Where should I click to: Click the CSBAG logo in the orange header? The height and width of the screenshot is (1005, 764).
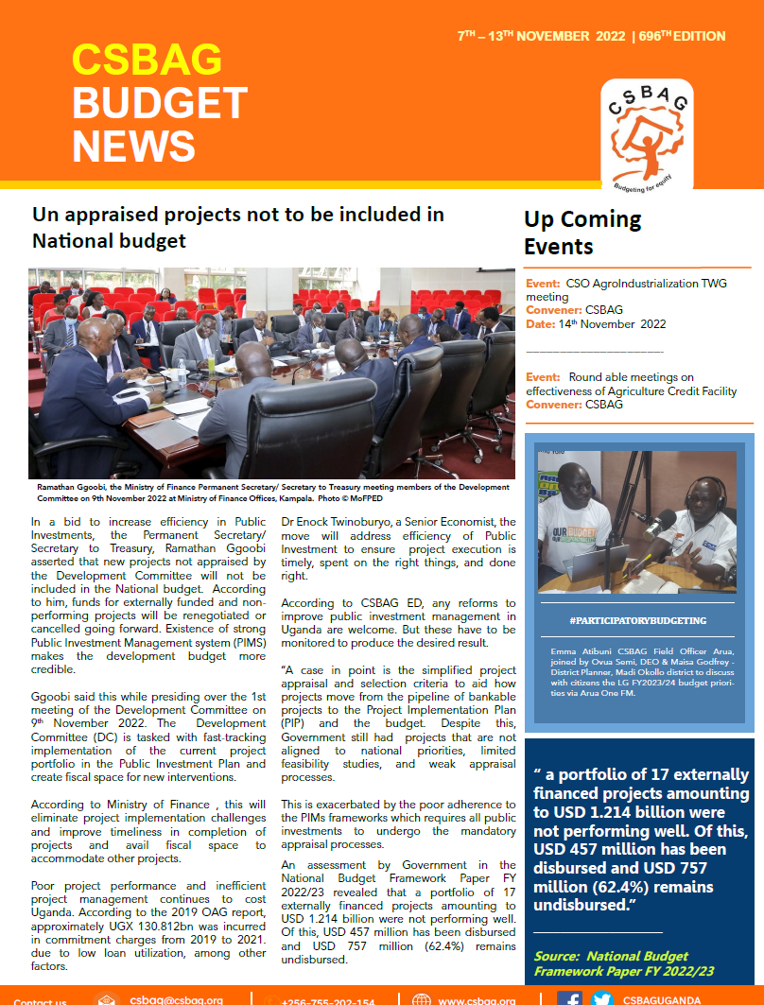click(646, 133)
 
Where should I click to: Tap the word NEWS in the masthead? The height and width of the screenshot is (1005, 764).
click(133, 147)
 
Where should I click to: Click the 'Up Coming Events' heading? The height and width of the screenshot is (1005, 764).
click(582, 234)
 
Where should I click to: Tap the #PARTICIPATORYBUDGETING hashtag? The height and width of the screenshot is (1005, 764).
click(638, 620)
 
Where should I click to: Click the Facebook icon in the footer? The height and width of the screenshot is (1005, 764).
click(569, 998)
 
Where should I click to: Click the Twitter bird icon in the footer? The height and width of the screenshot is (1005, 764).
click(602, 998)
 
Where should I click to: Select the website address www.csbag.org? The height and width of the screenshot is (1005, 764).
click(476, 1000)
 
